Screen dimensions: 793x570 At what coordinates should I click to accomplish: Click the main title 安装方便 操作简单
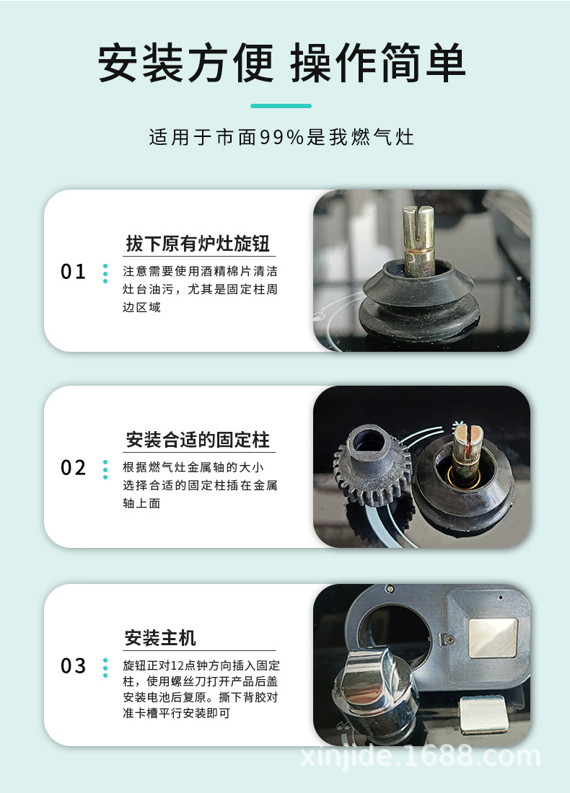(281, 63)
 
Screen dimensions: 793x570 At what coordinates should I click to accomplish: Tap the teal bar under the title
(281, 106)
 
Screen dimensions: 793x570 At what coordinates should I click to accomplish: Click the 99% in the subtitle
(281, 137)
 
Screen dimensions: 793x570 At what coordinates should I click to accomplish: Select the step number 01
(73, 273)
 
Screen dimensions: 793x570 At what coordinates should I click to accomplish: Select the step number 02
(73, 469)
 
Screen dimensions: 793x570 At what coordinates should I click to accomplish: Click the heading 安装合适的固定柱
(198, 440)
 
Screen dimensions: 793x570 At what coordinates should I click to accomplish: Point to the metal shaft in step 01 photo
(418, 238)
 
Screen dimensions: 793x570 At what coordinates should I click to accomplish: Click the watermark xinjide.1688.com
(418, 756)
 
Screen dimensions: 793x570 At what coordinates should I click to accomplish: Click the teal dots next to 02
(105, 469)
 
